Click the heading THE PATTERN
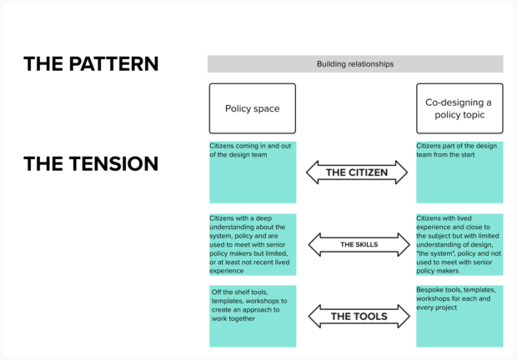[x=91, y=64]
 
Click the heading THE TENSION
[x=91, y=163]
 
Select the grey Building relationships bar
[x=355, y=64]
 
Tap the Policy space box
[x=252, y=108]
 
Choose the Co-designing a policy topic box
[x=459, y=108]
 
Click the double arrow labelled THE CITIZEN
[x=356, y=172]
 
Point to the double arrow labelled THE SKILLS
[x=356, y=245]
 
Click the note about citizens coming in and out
[x=252, y=172]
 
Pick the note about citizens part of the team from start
[x=459, y=172]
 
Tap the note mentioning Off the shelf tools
[x=252, y=316]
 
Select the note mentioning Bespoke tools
[x=459, y=316]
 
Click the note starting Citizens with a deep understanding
[x=252, y=244]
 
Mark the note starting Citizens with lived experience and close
[x=459, y=244]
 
